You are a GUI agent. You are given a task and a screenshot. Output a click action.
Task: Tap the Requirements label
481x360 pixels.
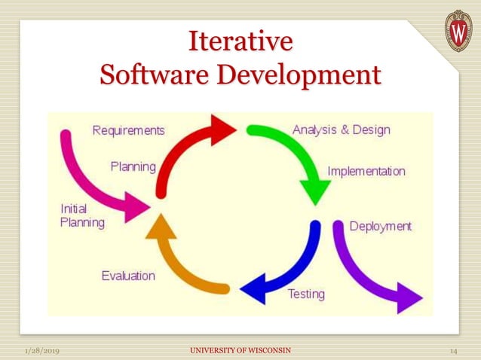point(128,130)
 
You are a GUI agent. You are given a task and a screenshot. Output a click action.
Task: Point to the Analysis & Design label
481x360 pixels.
point(342,130)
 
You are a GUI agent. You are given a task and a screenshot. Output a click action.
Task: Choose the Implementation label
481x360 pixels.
point(366,171)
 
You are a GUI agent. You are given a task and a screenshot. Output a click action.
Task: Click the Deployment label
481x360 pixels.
point(381,226)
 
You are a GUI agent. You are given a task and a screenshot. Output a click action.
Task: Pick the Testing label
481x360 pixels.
point(306,294)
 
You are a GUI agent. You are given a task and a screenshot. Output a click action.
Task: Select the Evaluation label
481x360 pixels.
point(128,276)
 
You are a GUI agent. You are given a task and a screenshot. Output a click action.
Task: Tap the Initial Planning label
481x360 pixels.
point(82,215)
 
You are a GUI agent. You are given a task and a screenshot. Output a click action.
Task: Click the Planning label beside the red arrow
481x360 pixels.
point(133,166)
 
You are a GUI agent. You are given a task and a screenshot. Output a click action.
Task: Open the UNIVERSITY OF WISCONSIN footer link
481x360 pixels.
point(240,351)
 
